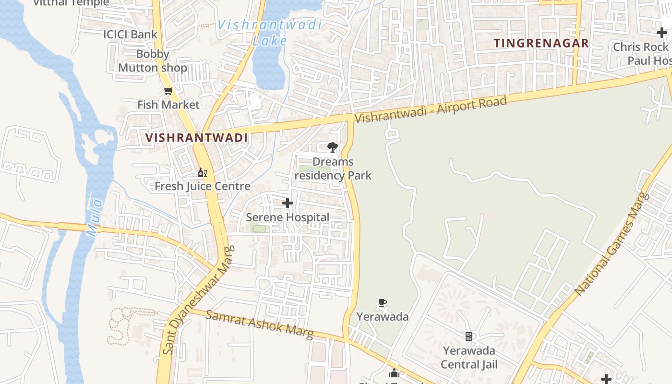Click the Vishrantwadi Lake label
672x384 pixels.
[x=269, y=32]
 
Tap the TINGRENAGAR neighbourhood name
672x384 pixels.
[x=541, y=43]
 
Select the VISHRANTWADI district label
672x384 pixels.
[x=196, y=138]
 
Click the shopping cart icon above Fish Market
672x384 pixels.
[x=168, y=91]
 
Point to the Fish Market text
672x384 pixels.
[x=168, y=105]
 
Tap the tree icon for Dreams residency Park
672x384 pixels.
[x=332, y=147]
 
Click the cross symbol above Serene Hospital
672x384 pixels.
[x=288, y=204]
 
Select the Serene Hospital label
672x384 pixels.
[x=288, y=217]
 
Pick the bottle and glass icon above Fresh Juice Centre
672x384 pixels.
[x=202, y=172]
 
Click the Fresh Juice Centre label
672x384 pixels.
[x=202, y=186]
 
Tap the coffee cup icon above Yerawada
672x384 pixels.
[x=382, y=303]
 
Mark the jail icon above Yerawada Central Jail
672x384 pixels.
[x=469, y=336]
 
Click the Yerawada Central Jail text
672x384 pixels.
[x=469, y=358]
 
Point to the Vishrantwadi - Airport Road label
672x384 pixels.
[x=431, y=109]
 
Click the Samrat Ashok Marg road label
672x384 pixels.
[x=260, y=324]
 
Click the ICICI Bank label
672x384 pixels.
[x=130, y=34]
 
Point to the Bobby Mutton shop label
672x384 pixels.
[x=153, y=61]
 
